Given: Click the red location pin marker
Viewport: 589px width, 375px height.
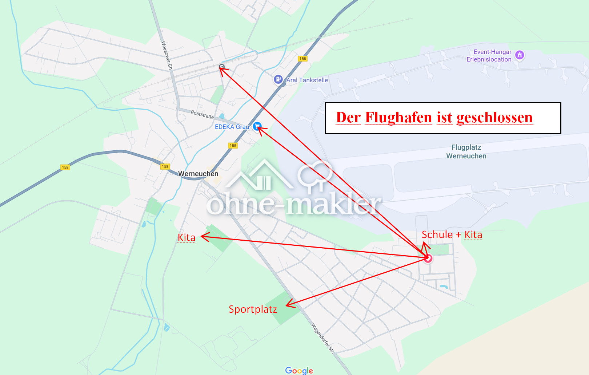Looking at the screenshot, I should pyautogui.click(x=428, y=258).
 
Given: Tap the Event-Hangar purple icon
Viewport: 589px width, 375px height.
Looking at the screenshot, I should pyautogui.click(x=520, y=55).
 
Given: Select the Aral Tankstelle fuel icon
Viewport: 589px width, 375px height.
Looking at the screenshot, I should pyautogui.click(x=278, y=79).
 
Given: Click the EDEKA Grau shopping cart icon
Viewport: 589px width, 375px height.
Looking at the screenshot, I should pyautogui.click(x=257, y=126).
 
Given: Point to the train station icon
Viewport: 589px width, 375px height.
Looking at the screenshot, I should pyautogui.click(x=222, y=67).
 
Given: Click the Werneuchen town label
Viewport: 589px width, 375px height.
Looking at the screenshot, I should pyautogui.click(x=198, y=174).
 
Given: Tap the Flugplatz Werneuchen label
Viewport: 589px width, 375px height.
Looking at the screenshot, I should pyautogui.click(x=466, y=151).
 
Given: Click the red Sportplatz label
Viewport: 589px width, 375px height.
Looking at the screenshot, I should pyautogui.click(x=253, y=309).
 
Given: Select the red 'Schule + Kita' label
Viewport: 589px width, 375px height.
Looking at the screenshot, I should pyautogui.click(x=452, y=235).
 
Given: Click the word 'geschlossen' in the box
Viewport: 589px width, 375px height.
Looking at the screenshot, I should pyautogui.click(x=494, y=118).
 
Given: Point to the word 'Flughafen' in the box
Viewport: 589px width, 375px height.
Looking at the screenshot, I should pyautogui.click(x=398, y=118).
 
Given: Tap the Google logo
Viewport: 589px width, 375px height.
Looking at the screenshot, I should pyautogui.click(x=299, y=370).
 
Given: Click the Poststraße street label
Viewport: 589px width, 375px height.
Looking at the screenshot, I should pyautogui.click(x=202, y=114).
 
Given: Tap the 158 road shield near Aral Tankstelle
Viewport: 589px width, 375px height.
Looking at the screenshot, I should pyautogui.click(x=302, y=59).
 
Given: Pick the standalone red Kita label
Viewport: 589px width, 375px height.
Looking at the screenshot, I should pyautogui.click(x=187, y=238).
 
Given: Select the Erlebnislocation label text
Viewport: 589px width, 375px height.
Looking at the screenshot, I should pyautogui.click(x=489, y=59).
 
